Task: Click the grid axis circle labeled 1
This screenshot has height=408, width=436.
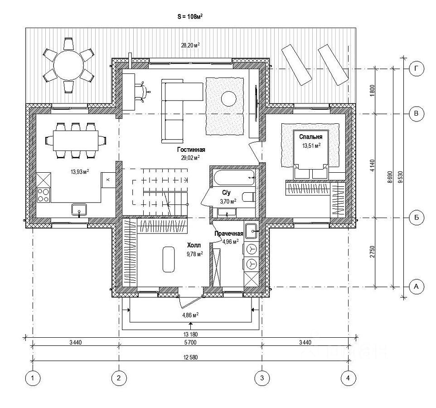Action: pyautogui.click(x=32, y=377)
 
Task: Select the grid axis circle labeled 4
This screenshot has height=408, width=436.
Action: pyautogui.click(x=348, y=377)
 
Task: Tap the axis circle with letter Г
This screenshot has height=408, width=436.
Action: pyautogui.click(x=416, y=69)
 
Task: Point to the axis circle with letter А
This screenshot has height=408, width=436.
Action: pyautogui.click(x=416, y=287)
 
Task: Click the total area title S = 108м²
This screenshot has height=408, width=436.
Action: pyautogui.click(x=189, y=16)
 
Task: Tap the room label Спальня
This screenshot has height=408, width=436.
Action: pyautogui.click(x=310, y=136)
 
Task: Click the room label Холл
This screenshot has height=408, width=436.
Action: pyautogui.click(x=194, y=245)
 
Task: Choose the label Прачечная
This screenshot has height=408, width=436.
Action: pyautogui.click(x=229, y=233)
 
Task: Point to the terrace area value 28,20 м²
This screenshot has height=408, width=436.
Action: pyautogui.click(x=190, y=45)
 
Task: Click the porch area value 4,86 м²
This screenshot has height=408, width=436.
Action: pyautogui.click(x=190, y=315)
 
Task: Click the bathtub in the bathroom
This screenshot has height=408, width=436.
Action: pyautogui.click(x=234, y=177)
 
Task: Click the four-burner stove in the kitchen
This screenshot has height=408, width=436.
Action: pyautogui.click(x=44, y=194)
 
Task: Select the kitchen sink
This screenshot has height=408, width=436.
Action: pyautogui.click(x=80, y=209)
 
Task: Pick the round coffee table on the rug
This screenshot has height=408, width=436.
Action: pyautogui.click(x=228, y=98)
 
